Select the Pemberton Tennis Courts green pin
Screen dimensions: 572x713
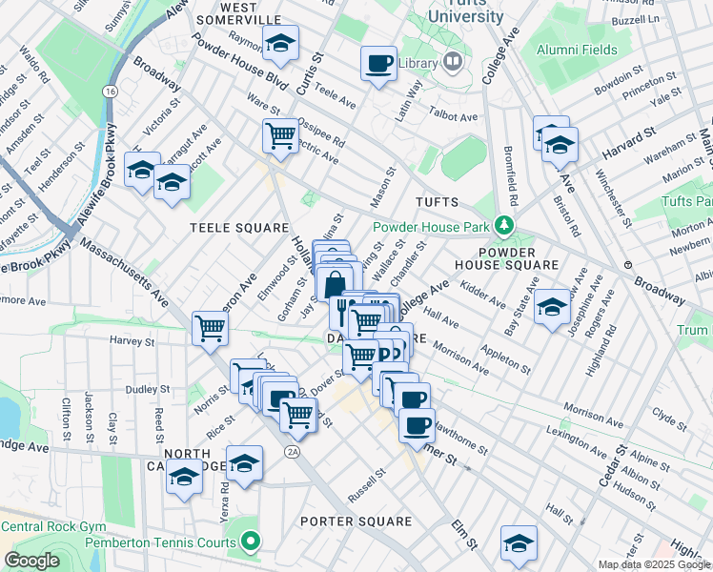click(x=251, y=542)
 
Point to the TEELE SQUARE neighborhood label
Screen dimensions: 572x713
click(x=238, y=228)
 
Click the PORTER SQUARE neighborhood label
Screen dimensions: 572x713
click(x=356, y=521)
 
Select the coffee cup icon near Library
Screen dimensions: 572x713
click(x=378, y=64)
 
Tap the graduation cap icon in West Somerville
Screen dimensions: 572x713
click(x=280, y=43)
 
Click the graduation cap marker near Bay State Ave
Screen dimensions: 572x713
click(x=552, y=307)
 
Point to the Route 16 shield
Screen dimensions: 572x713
click(x=112, y=91)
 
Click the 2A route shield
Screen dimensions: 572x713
click(x=294, y=452)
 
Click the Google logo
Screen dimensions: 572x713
click(x=31, y=561)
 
